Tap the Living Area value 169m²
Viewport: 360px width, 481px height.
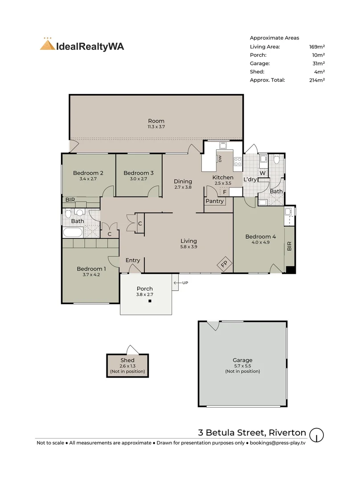(317, 47)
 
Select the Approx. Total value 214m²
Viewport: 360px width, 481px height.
(317, 80)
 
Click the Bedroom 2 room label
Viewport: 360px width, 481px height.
(88, 173)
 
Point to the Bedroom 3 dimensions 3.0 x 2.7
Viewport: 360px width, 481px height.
(139, 179)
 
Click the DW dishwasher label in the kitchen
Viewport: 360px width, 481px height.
(220, 159)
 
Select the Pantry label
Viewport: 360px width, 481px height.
(214, 201)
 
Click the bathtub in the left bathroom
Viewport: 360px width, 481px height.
(73, 232)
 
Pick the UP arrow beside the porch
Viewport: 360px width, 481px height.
(176, 283)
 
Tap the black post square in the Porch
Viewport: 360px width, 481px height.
(150, 301)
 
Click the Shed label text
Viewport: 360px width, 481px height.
(127, 360)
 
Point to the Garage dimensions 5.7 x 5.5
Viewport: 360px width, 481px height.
(242, 366)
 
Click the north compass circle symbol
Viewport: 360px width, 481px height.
(316, 435)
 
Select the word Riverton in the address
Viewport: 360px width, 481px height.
(287, 432)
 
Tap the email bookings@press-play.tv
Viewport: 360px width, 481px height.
(278, 443)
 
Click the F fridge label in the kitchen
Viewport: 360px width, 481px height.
(225, 192)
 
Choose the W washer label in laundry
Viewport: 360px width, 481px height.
(262, 173)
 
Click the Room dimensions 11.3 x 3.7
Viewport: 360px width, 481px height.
(156, 126)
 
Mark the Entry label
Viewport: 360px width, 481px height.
(133, 261)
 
